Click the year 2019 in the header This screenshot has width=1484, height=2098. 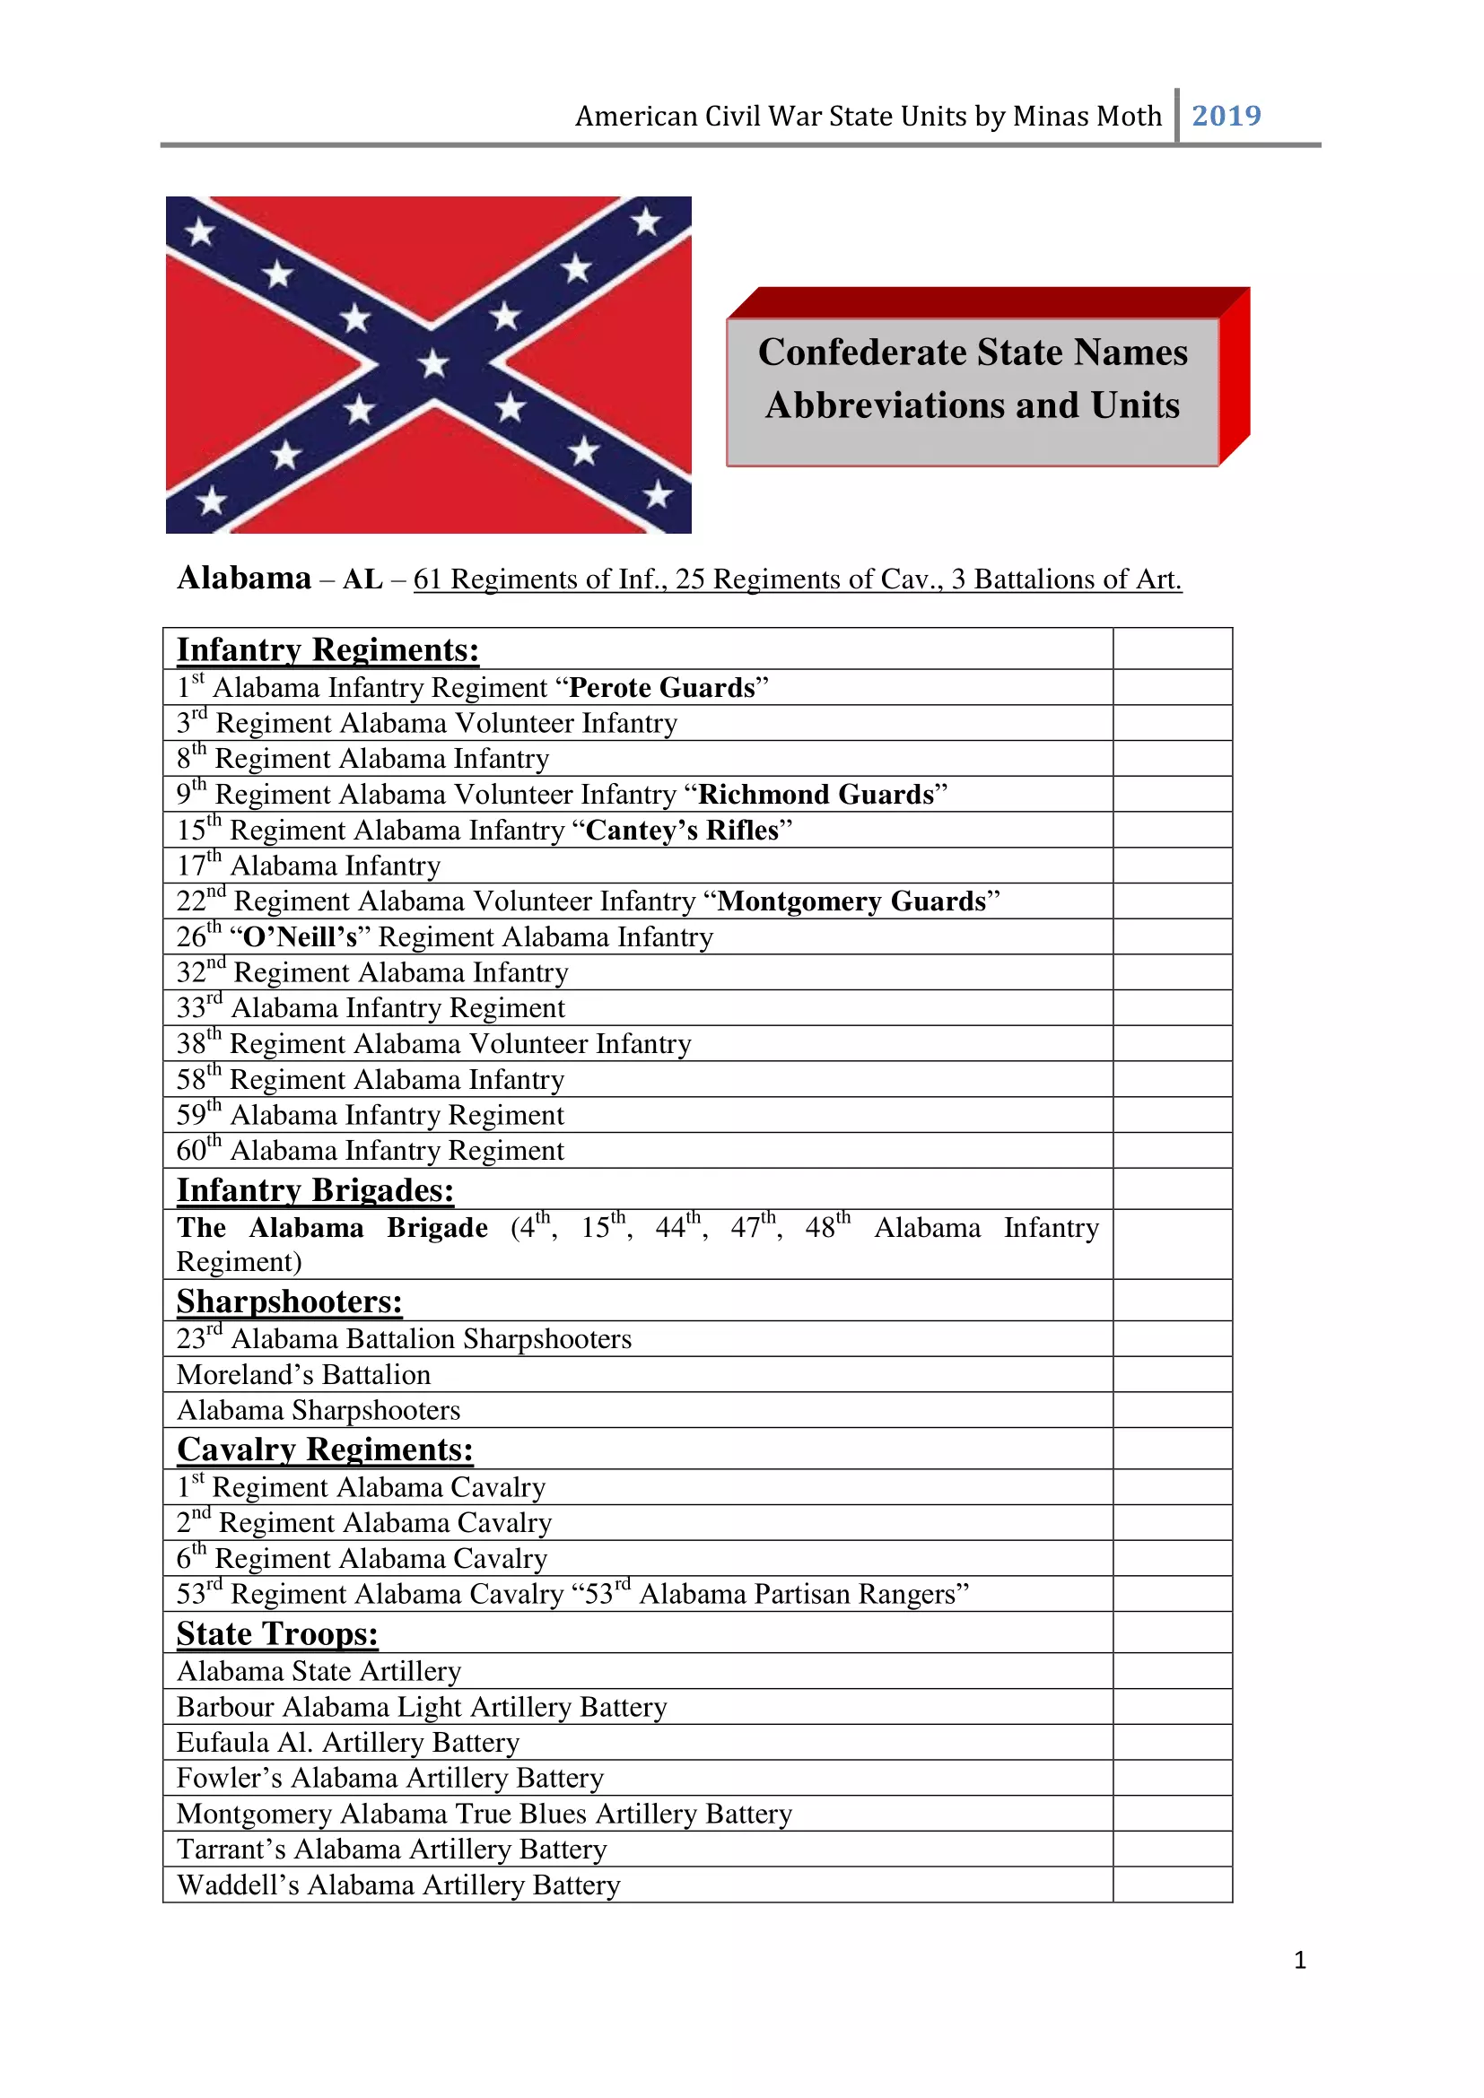click(x=1226, y=116)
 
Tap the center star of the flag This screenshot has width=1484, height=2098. click(x=433, y=363)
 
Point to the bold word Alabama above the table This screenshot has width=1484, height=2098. click(x=244, y=579)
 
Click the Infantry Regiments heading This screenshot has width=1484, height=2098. click(x=327, y=649)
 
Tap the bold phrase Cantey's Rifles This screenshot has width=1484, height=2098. click(x=682, y=830)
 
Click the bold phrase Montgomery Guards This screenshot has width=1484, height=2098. click(x=851, y=901)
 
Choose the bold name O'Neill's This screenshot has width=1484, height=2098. click(x=300, y=936)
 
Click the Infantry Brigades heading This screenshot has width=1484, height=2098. click(x=314, y=1189)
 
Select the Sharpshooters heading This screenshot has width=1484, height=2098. click(x=289, y=1301)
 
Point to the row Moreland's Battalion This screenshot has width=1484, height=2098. click(x=303, y=1374)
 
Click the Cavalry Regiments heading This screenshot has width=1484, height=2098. click(x=325, y=1449)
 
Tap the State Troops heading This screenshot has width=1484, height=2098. click(x=277, y=1633)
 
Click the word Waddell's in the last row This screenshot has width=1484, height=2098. click(x=238, y=1885)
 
